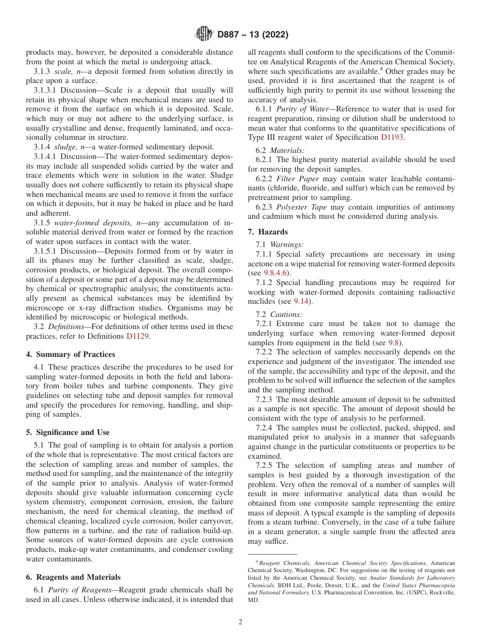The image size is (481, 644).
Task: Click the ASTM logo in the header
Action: (x=204, y=34)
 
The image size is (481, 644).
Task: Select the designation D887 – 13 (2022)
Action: (x=253, y=35)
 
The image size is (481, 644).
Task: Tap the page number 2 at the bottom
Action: (x=240, y=622)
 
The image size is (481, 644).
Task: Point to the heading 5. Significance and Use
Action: (x=68, y=432)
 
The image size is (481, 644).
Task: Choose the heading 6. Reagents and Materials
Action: (x=73, y=577)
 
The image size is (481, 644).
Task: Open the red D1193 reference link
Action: (x=392, y=137)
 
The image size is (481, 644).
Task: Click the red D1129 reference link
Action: (x=138, y=336)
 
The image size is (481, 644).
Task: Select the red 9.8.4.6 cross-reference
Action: (x=276, y=273)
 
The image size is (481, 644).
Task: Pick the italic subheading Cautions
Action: (x=286, y=314)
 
